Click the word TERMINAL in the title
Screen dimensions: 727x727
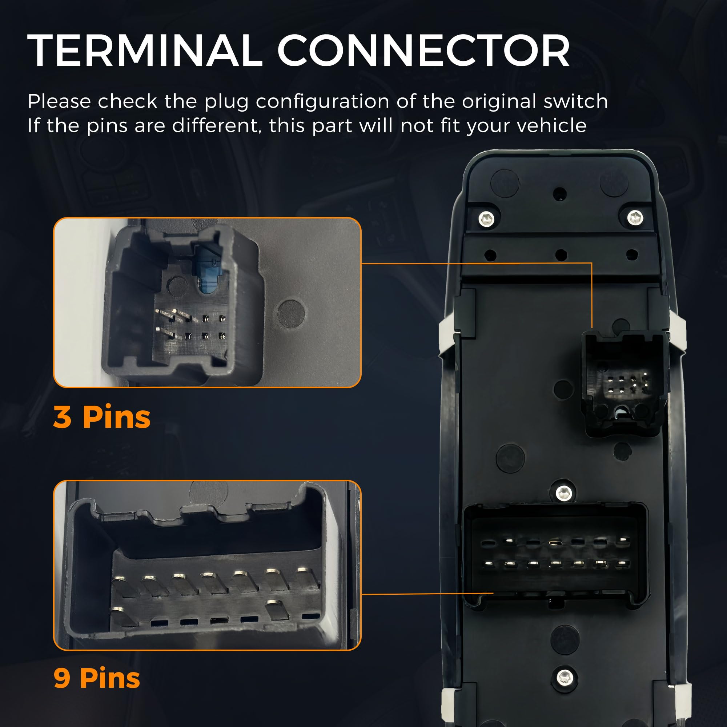tap(145, 51)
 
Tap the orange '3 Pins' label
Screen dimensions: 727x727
tap(102, 417)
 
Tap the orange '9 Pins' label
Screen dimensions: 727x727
tap(97, 678)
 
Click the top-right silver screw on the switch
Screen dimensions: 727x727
tap(635, 217)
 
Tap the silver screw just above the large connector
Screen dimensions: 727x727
tap(563, 492)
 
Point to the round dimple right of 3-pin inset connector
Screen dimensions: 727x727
tap(291, 313)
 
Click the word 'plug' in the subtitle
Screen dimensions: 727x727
tap(226, 102)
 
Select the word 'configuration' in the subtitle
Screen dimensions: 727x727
tap(323, 102)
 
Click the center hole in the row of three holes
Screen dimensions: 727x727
tap(561, 255)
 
